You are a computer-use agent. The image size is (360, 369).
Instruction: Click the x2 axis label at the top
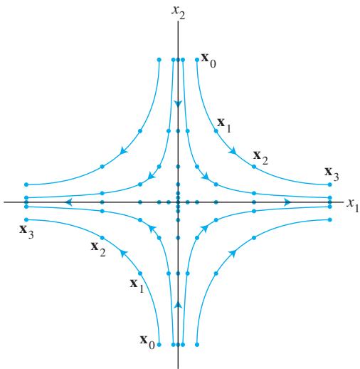tap(179, 13)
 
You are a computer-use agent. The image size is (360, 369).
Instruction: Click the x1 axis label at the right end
tap(353, 205)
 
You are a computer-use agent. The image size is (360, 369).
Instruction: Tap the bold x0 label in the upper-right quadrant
tap(208, 60)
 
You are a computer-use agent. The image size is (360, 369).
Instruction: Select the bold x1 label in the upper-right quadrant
tap(224, 125)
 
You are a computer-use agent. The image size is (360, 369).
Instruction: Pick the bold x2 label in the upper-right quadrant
tap(260, 157)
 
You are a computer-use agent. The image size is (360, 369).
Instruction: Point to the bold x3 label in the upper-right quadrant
tap(332, 174)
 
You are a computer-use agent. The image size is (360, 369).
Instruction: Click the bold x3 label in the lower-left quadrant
tap(26, 232)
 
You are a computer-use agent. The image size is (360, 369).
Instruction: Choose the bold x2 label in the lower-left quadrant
tap(98, 249)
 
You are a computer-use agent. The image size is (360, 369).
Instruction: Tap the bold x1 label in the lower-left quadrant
tap(137, 286)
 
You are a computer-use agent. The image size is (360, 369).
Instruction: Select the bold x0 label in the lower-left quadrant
tap(147, 342)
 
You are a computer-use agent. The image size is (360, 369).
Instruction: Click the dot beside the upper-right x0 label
tap(197, 60)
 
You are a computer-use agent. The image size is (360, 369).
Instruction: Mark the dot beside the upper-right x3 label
tap(329, 184)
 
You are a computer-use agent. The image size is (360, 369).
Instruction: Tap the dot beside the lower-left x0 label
tap(159, 345)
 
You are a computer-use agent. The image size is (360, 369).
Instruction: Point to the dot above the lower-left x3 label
tap(26, 220)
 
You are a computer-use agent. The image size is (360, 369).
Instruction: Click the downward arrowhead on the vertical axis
tap(178, 104)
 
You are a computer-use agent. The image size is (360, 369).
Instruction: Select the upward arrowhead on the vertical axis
tap(178, 305)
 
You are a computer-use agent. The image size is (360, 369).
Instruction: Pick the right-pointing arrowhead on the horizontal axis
tap(287, 202)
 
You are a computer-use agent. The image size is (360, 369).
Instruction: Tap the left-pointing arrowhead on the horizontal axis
tap(68, 202)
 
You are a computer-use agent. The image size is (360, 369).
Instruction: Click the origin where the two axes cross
tap(178, 202)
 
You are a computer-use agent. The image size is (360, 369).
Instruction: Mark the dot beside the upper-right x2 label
tap(254, 167)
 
